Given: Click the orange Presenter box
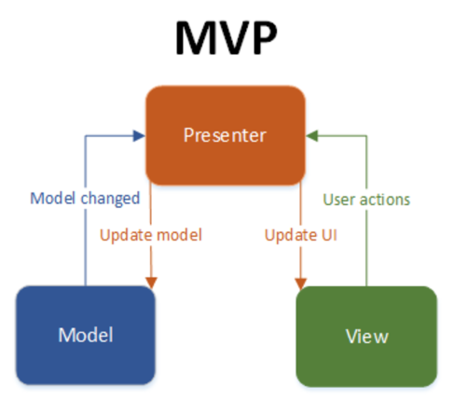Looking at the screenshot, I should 225,135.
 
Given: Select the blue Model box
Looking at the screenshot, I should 85,335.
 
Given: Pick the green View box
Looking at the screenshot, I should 365,335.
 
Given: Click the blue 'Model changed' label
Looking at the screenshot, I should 85,199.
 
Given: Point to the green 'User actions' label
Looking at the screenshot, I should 366,199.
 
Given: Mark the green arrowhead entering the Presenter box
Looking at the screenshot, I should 312,136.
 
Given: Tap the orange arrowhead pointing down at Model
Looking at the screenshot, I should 150,281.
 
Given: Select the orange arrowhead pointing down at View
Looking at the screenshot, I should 299,281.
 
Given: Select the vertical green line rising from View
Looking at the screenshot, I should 365,252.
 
